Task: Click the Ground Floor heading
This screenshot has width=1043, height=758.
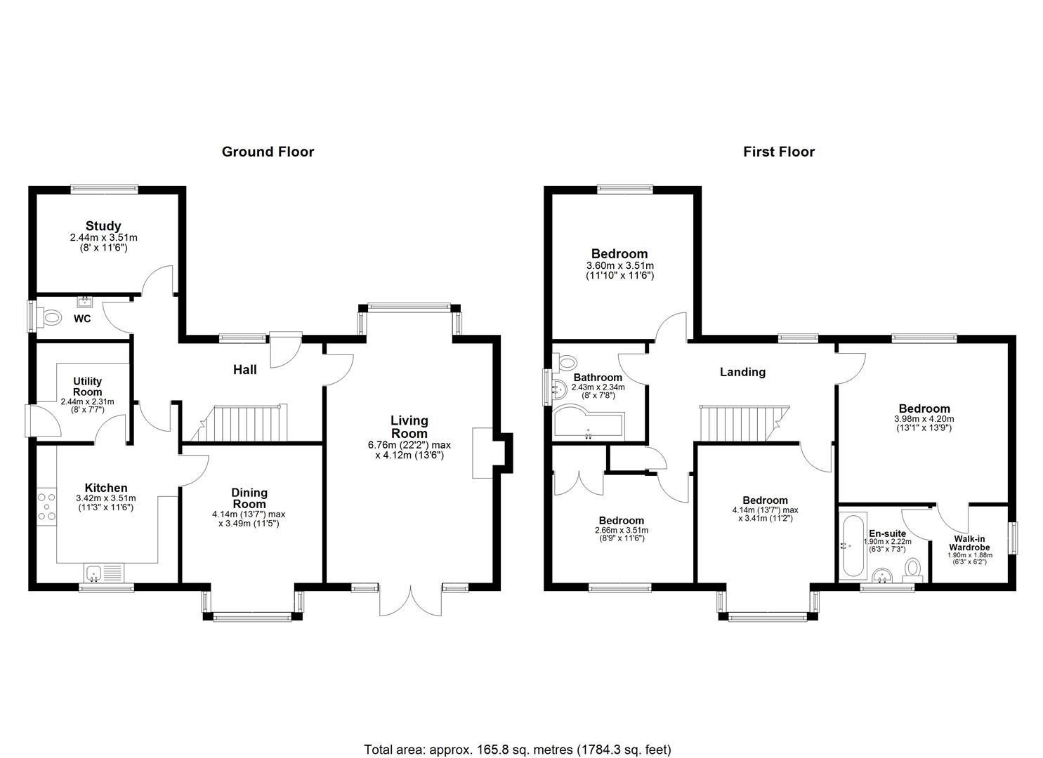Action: tap(268, 152)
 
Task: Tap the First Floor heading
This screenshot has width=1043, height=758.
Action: tap(778, 152)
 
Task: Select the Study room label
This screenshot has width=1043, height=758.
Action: tap(103, 226)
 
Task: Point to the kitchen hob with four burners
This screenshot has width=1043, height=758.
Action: tap(46, 506)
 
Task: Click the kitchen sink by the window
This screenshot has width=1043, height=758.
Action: tap(104, 572)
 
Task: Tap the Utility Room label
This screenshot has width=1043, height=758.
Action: tap(88, 387)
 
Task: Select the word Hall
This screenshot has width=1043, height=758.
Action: tap(245, 370)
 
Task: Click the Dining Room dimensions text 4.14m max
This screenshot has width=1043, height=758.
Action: tap(249, 514)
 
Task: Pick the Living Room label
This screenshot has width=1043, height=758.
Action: tap(409, 427)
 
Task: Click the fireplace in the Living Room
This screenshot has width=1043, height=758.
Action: tap(483, 453)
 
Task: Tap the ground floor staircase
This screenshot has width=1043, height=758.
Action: tap(239, 423)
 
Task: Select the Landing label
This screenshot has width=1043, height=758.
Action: tap(742, 372)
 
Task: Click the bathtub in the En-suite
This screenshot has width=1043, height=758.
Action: tap(853, 546)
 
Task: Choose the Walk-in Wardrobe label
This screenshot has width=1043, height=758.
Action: tap(969, 543)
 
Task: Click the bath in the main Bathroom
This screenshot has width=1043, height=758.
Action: tap(589, 422)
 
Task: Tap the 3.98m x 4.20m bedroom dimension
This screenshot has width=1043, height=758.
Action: tap(924, 419)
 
